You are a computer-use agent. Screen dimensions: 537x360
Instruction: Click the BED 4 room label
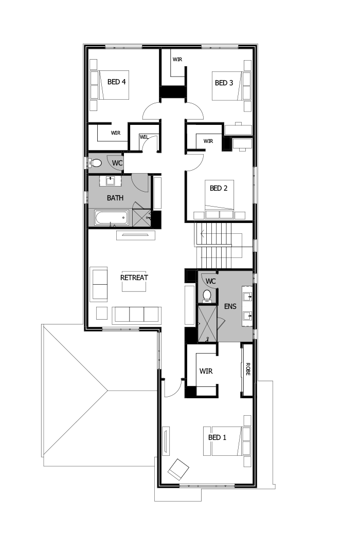tap(117, 81)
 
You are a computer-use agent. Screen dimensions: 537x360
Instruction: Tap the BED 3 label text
tap(224, 82)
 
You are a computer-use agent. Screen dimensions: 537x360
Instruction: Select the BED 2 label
tap(219, 188)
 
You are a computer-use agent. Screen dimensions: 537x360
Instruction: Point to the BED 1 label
tap(217, 437)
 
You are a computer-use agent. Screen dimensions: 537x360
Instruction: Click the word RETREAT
tap(134, 277)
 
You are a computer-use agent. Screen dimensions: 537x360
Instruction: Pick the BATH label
tap(115, 197)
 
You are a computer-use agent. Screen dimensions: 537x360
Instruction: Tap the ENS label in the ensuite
tap(230, 306)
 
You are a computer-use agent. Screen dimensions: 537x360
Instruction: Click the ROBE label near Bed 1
tap(248, 368)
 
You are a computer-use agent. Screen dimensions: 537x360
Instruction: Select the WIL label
tap(143, 136)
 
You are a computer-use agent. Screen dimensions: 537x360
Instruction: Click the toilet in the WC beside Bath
tap(96, 163)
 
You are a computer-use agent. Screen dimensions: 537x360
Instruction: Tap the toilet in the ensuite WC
tap(207, 295)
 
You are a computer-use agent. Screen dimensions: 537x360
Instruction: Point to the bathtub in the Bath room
tap(111, 218)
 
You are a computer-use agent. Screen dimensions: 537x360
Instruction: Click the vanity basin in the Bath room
tap(111, 181)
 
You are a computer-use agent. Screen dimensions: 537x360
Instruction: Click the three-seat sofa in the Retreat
tap(136, 314)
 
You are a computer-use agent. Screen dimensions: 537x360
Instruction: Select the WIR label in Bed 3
tap(177, 60)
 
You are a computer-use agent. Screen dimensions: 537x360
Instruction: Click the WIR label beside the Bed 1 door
tap(206, 370)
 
